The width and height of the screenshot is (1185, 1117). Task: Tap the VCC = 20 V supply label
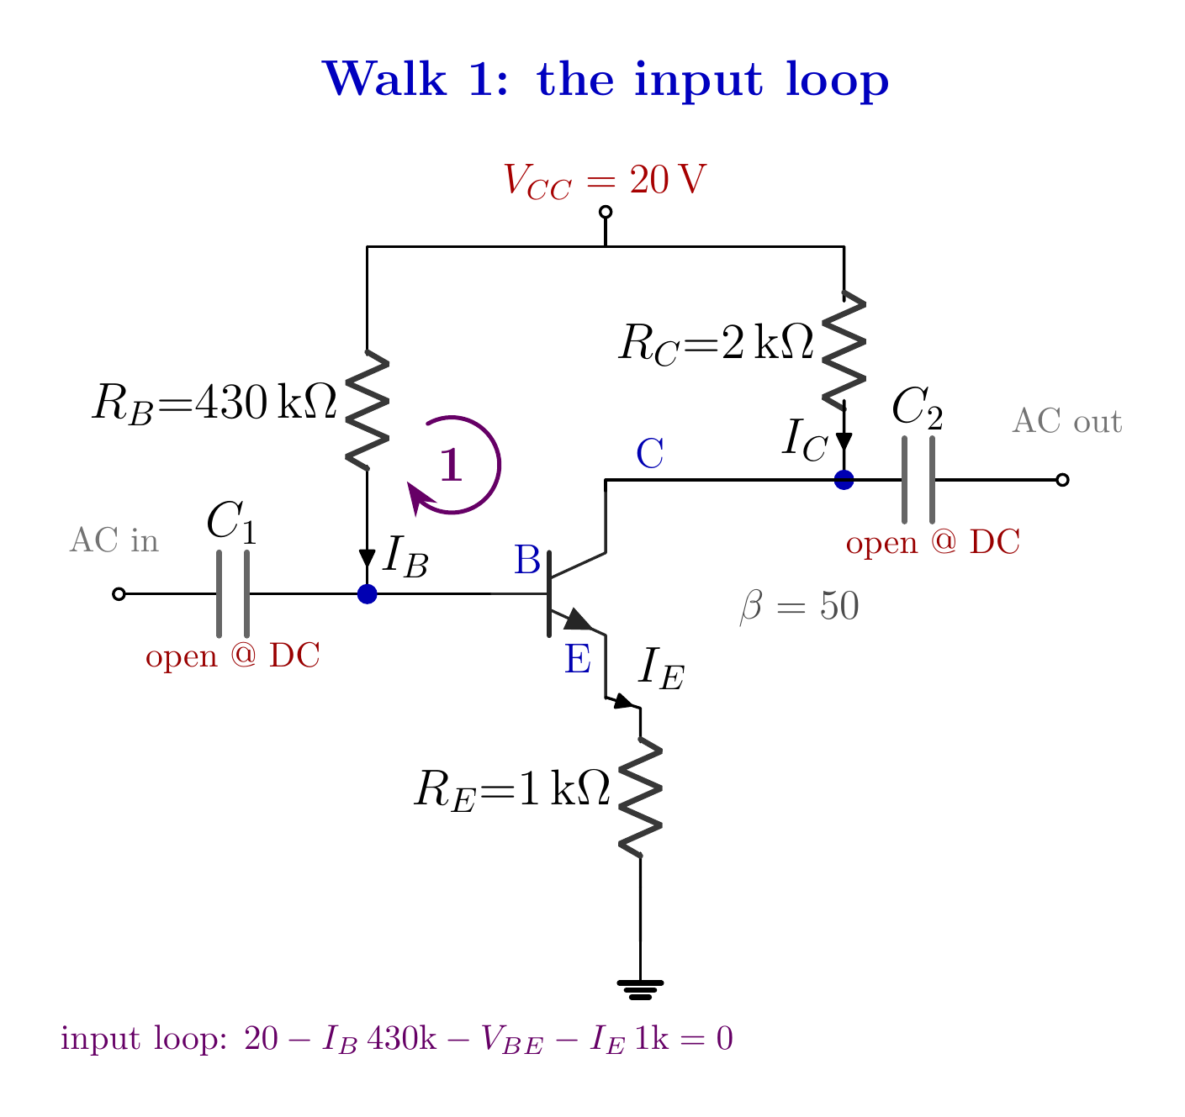pyautogui.click(x=605, y=180)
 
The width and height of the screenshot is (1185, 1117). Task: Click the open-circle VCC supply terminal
pyautogui.click(x=606, y=213)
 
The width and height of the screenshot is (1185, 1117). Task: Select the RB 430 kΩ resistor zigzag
pyautogui.click(x=368, y=410)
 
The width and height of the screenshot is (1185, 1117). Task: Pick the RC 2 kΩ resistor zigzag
pyautogui.click(x=844, y=350)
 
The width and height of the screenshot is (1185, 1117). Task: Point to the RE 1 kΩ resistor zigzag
pyautogui.click(x=640, y=798)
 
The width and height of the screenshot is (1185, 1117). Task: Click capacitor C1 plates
pyautogui.click(x=233, y=594)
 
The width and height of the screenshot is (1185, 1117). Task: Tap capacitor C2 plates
pyautogui.click(x=918, y=479)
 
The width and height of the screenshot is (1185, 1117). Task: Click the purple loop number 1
pyautogui.click(x=451, y=465)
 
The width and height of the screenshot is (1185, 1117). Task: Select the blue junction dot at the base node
pyautogui.click(x=367, y=594)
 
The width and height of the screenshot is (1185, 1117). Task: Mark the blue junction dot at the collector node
pyautogui.click(x=844, y=479)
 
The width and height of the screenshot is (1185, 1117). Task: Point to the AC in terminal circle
pyautogui.click(x=119, y=594)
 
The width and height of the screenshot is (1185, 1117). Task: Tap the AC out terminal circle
pyautogui.click(x=1062, y=479)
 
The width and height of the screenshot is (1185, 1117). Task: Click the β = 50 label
pyautogui.click(x=800, y=607)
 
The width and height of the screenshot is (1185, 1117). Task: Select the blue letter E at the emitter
pyautogui.click(x=578, y=659)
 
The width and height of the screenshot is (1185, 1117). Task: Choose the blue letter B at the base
pyautogui.click(x=527, y=560)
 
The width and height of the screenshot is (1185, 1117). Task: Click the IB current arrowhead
pyautogui.click(x=367, y=558)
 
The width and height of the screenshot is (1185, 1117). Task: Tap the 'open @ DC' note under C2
pyautogui.click(x=933, y=542)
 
